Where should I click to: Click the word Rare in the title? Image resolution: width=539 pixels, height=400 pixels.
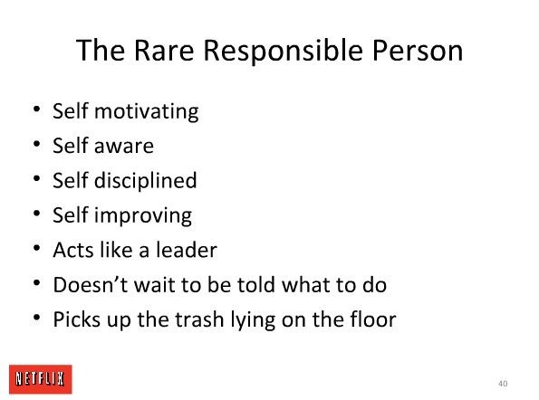point(164,50)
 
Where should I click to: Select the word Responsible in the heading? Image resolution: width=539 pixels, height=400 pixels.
point(283,50)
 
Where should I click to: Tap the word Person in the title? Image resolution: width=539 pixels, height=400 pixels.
point(418,50)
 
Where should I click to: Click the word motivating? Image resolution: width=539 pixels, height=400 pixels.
point(147,111)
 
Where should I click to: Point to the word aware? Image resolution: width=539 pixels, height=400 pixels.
point(124,147)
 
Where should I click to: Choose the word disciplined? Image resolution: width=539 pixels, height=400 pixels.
point(146,180)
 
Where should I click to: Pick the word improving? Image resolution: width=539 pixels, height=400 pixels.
point(143,215)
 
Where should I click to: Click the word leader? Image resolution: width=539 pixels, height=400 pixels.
point(187,250)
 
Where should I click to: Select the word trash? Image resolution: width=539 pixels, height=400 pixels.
point(199,319)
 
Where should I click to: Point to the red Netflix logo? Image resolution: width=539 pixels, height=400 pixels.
point(41,379)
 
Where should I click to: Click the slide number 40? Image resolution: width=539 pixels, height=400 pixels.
point(503,384)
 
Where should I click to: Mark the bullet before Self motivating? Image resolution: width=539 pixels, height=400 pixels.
point(37,110)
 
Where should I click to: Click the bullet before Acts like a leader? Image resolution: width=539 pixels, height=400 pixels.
point(37,248)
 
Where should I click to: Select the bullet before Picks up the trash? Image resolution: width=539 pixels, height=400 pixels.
point(37,318)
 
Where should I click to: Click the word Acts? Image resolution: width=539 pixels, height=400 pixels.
point(73,250)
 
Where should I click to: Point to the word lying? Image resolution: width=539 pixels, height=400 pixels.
point(253,320)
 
